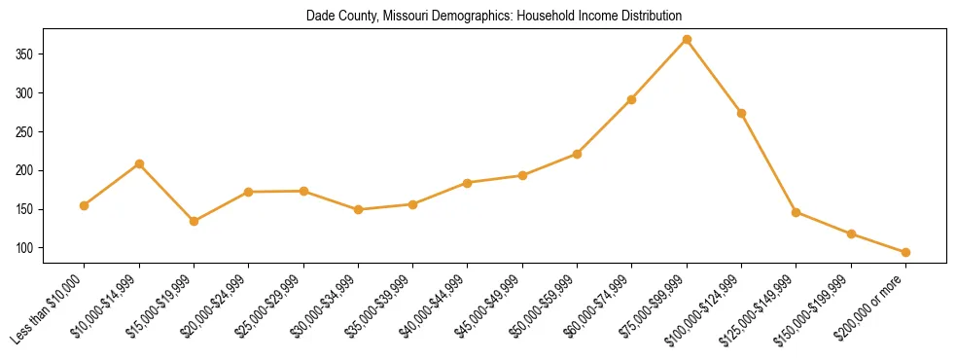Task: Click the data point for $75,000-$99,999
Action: coord(687,40)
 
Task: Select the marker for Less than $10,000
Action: coord(85,205)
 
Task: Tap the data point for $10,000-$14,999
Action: coord(139,163)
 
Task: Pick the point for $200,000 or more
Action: coord(905,252)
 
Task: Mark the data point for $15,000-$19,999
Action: coord(195,221)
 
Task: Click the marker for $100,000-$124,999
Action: coord(741,113)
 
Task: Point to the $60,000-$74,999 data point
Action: coord(632,99)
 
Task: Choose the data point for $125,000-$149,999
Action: coord(797,212)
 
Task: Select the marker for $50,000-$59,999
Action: coord(577,154)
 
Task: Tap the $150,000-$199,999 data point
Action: coord(851,234)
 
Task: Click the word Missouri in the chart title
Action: coord(399,17)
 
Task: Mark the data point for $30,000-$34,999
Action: coord(358,209)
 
